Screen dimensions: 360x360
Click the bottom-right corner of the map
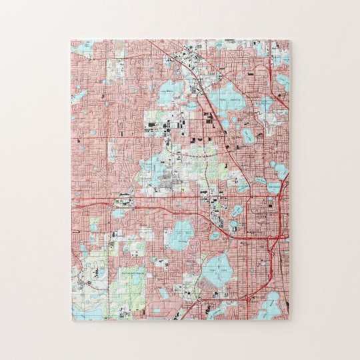pyautogui.click(x=290, y=319)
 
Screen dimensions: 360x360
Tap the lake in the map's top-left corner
pyautogui.click(x=83, y=49)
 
